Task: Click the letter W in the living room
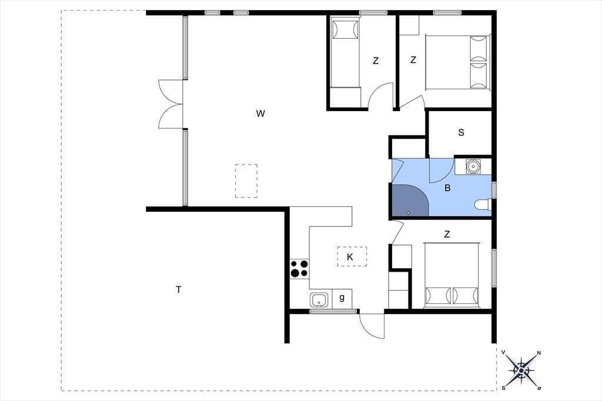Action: (260, 113)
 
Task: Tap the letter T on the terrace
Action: (179, 290)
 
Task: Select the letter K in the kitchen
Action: (350, 257)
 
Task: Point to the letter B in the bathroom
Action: (447, 188)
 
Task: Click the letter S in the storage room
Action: (461, 132)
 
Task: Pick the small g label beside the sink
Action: (342, 298)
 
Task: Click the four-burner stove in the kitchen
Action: (299, 269)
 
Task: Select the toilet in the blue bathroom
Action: (482, 205)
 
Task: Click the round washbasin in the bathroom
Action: (472, 166)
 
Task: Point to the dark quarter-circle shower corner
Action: (409, 200)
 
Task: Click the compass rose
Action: (521, 370)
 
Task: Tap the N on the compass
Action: (539, 353)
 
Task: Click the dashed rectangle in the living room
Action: (246, 181)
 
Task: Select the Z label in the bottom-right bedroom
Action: (447, 234)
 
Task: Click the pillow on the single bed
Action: (345, 29)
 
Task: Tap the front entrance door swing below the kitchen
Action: (372, 326)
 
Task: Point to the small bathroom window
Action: (494, 190)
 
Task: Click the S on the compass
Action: (504, 388)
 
